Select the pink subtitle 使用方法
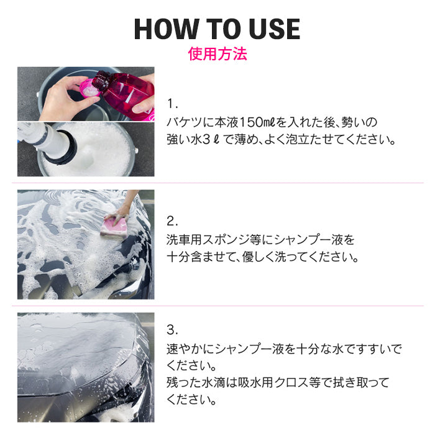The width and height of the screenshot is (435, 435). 217,54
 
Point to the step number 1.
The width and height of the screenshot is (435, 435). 172,102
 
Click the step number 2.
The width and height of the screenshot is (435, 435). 172,220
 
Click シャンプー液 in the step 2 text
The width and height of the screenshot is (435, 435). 309,239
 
